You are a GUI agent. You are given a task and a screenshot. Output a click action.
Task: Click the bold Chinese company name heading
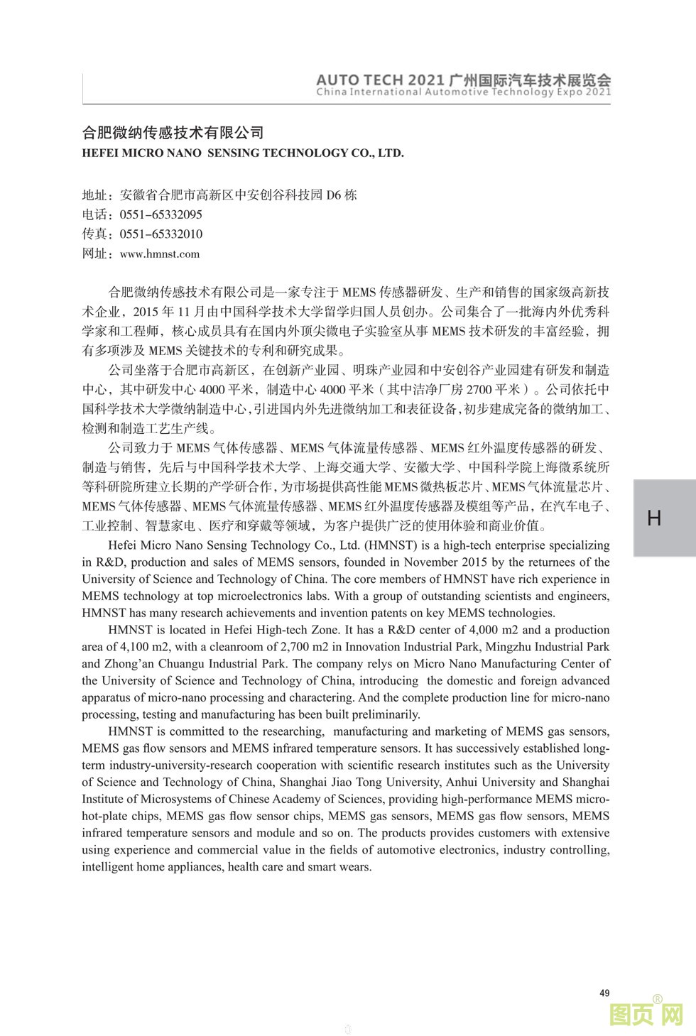(173, 133)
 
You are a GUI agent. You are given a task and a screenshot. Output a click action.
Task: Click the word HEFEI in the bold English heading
(101, 153)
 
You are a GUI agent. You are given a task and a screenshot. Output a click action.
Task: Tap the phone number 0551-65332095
(161, 214)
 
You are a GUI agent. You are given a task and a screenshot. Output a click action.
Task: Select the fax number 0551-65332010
(161, 234)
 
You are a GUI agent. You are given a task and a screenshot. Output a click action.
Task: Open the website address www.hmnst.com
(160, 254)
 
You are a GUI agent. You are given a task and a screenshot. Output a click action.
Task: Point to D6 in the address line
(332, 195)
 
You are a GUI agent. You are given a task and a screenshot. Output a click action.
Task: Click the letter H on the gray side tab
(654, 518)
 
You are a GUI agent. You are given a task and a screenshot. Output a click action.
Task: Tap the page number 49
(604, 993)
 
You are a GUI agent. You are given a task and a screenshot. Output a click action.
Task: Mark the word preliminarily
(387, 714)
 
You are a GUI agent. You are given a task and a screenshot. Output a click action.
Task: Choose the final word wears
(357, 867)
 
